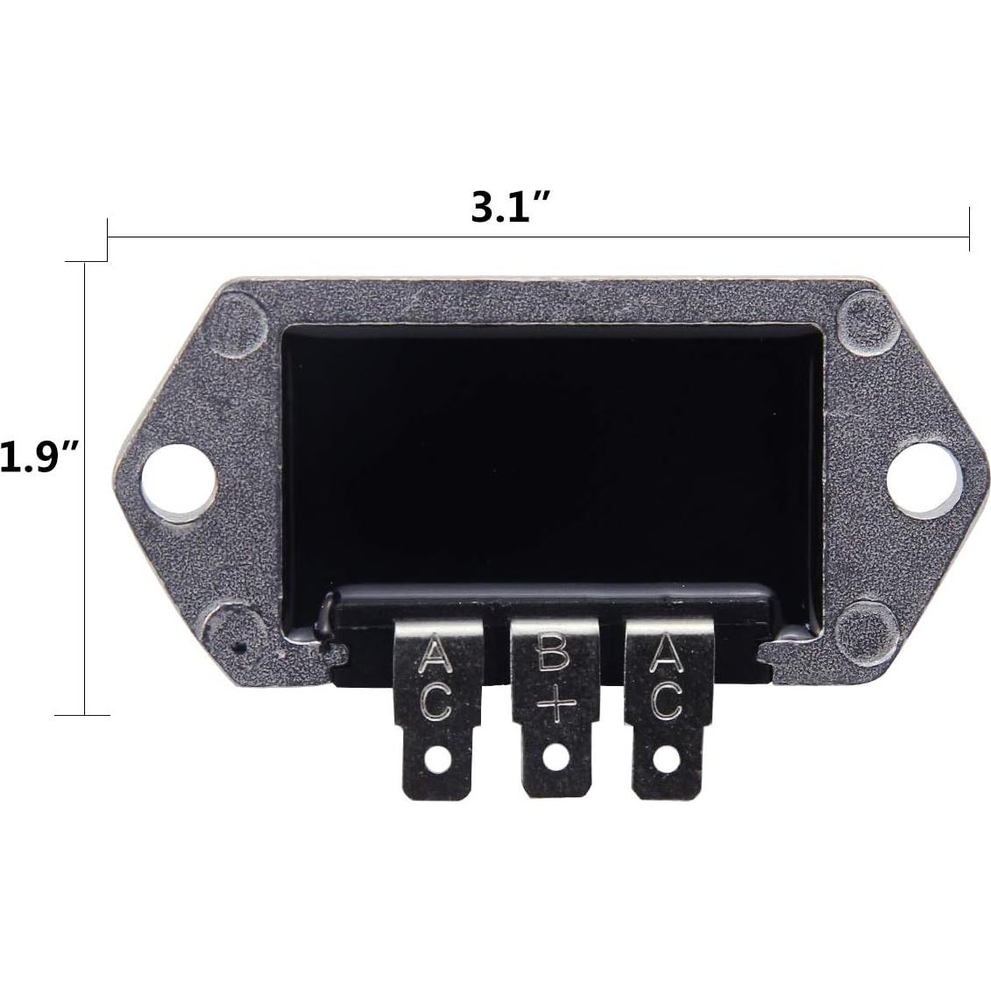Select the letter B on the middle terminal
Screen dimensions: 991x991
click(x=554, y=655)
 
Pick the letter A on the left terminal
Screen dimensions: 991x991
click(x=436, y=655)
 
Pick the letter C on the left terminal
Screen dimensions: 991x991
click(x=436, y=702)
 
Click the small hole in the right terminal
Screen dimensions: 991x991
click(x=666, y=759)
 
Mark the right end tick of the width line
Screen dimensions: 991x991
click(x=969, y=230)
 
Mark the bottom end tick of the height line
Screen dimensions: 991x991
click(x=84, y=715)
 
